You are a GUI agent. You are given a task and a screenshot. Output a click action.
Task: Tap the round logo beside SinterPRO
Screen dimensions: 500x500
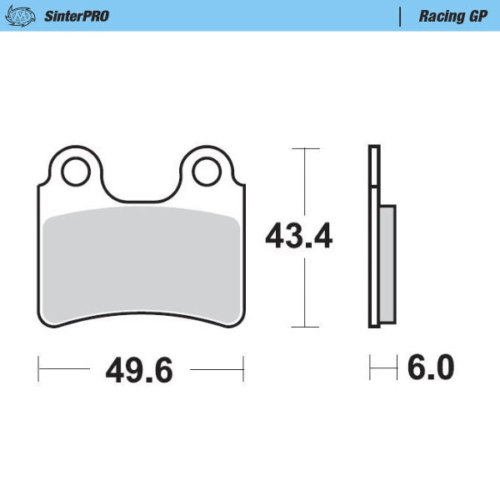(25, 16)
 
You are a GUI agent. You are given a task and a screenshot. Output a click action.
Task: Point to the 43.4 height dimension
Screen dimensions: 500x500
(298, 237)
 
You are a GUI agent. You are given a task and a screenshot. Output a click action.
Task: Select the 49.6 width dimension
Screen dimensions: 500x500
(139, 370)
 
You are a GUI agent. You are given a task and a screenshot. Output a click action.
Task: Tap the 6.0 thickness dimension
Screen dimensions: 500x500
(430, 367)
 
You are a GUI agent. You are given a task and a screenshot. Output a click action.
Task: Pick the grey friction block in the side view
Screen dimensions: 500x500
(387, 264)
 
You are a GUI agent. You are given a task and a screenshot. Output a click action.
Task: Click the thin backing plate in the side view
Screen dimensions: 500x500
(374, 237)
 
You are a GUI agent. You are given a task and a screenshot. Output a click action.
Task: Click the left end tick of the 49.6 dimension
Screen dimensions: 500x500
(39, 367)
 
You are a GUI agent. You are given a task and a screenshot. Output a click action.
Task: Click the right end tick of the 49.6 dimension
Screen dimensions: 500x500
(242, 367)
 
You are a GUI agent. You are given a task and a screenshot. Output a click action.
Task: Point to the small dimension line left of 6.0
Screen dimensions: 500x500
(382, 367)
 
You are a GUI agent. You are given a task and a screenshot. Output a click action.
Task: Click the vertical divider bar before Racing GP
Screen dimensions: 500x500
(402, 16)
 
